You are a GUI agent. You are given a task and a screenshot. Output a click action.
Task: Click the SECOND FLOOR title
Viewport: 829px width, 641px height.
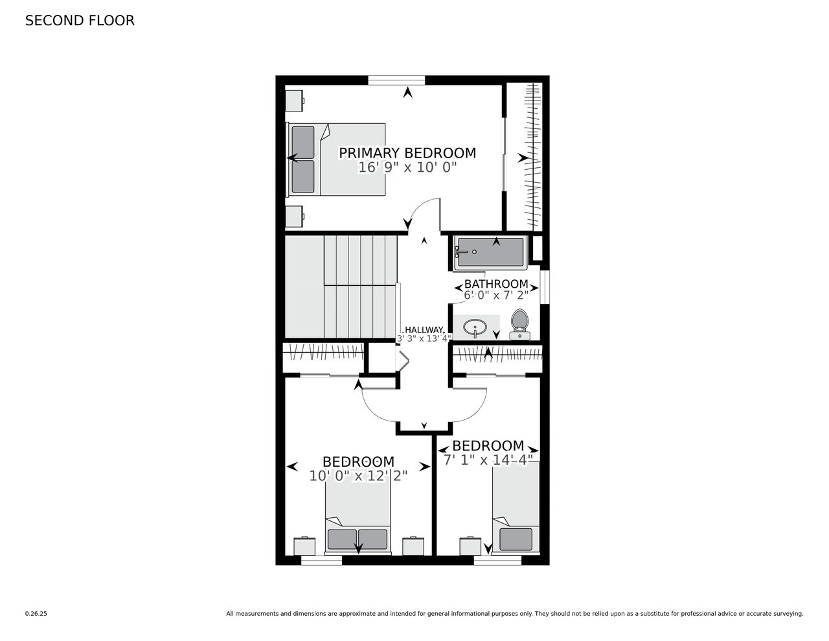(x=80, y=21)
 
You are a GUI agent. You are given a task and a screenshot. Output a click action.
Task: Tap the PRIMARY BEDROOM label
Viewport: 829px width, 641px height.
(x=407, y=153)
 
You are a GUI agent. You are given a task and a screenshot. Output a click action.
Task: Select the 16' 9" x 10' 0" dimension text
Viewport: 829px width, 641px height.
(x=407, y=167)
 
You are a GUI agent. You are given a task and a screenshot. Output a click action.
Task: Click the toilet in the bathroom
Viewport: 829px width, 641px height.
(x=519, y=324)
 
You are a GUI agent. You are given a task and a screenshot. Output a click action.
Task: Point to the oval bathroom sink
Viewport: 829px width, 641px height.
(x=475, y=327)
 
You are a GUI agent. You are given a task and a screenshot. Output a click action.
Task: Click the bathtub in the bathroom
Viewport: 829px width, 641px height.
(x=491, y=252)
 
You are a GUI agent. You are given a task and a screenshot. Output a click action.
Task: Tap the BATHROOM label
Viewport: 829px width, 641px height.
(x=496, y=284)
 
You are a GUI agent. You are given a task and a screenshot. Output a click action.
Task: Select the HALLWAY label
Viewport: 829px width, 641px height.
(x=424, y=329)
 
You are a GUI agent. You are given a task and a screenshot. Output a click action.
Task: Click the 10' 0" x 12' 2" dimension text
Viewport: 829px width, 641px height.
(x=358, y=476)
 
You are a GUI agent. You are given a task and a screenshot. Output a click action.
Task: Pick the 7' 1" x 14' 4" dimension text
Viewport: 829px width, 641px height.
(x=488, y=460)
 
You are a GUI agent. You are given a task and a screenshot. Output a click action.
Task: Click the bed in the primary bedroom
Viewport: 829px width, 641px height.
(x=335, y=159)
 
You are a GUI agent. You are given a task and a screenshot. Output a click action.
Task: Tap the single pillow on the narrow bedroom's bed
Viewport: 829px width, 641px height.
(x=516, y=539)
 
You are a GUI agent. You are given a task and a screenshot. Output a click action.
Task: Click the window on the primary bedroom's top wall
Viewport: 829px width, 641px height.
(x=396, y=80)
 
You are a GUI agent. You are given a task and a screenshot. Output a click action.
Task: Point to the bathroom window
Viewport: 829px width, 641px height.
(x=545, y=287)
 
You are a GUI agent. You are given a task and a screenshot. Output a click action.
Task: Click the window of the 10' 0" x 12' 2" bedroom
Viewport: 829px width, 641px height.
(x=321, y=560)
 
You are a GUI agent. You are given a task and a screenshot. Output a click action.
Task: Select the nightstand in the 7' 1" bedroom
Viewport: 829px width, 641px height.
(x=470, y=546)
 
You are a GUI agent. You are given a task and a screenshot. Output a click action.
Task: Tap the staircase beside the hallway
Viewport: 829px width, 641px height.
(x=341, y=286)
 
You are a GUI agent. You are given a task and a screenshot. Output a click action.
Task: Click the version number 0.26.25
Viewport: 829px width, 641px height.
(x=36, y=614)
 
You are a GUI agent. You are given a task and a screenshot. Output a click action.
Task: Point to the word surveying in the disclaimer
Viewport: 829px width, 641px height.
(x=789, y=614)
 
